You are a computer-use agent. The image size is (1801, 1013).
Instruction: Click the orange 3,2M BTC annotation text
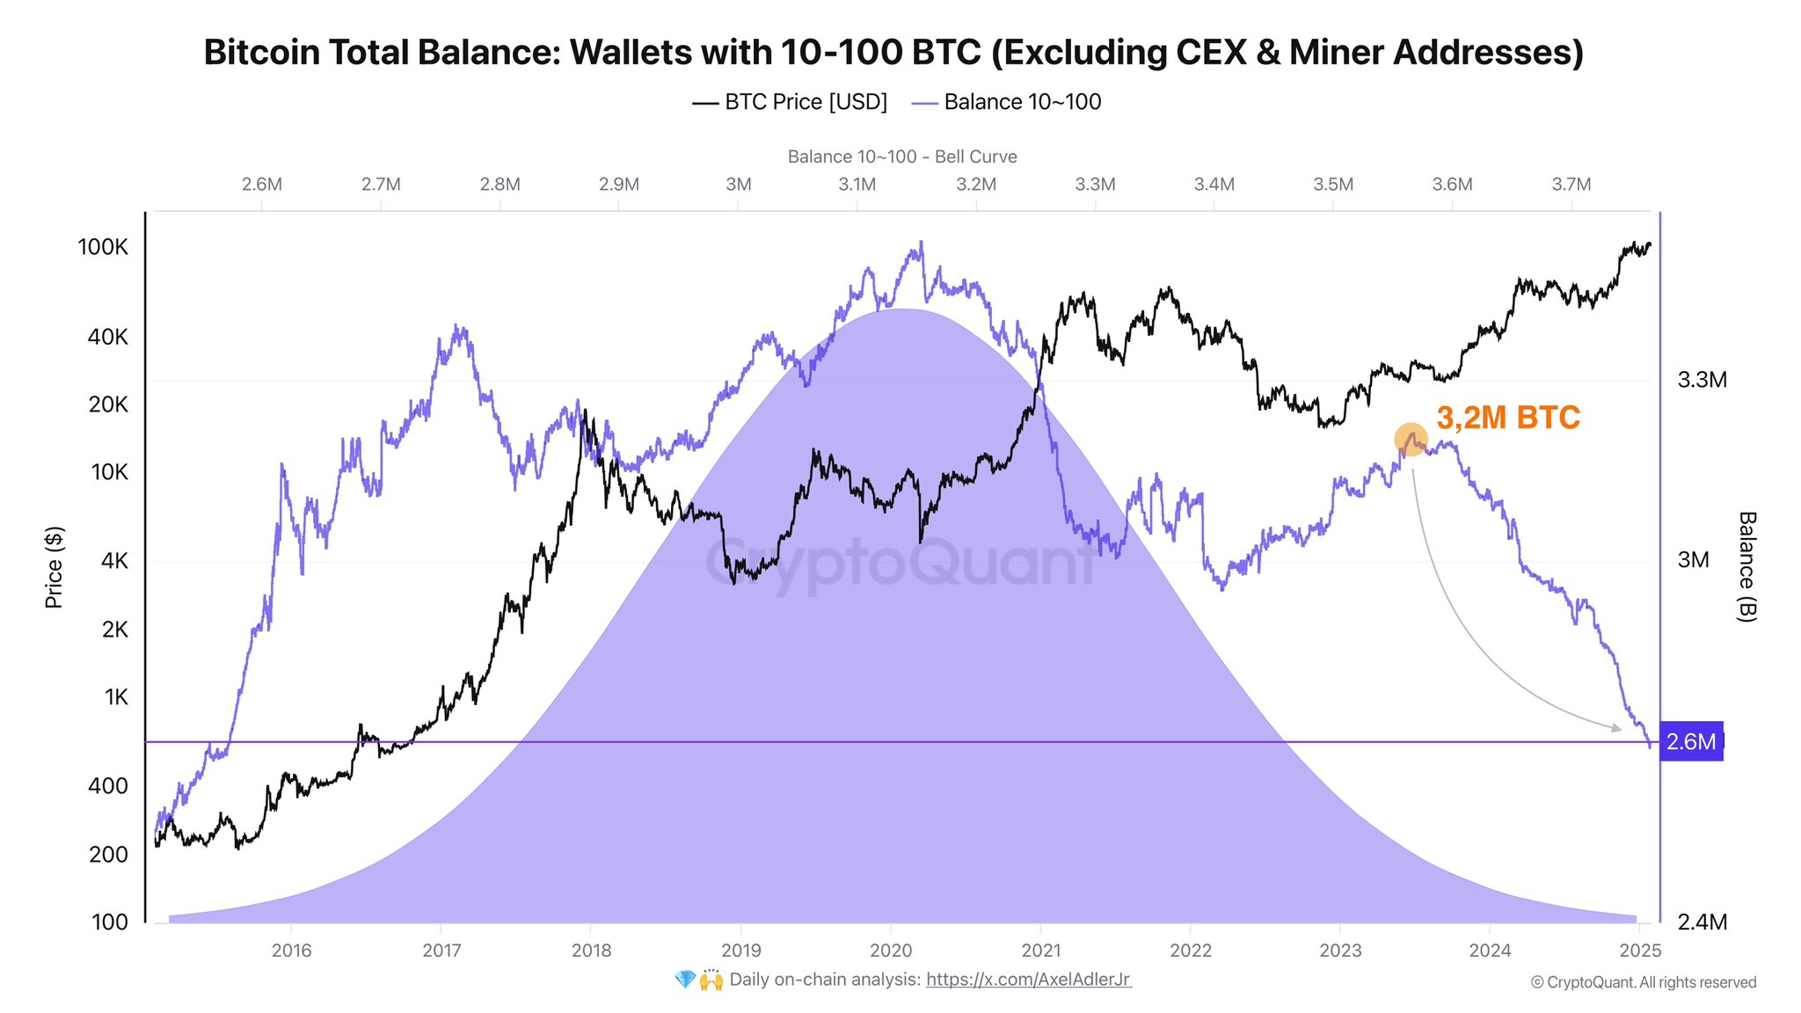[1507, 418]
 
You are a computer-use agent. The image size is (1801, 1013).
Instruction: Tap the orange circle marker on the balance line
[1411, 439]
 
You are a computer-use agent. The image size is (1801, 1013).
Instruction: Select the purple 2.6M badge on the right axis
[1690, 742]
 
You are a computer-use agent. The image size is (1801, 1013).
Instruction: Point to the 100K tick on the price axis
[103, 247]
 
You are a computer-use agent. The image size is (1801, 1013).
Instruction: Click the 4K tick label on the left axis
[114, 561]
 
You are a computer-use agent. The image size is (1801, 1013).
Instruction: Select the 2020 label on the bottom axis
[891, 951]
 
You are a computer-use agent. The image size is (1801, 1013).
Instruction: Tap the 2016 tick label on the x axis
[291, 951]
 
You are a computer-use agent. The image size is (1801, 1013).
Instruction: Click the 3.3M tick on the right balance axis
[1702, 380]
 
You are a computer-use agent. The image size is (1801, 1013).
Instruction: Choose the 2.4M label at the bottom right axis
[1702, 922]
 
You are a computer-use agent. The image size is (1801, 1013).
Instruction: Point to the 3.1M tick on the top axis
[857, 185]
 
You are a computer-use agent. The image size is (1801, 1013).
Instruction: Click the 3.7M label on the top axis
[1571, 185]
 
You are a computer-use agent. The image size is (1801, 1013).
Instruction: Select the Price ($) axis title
[54, 567]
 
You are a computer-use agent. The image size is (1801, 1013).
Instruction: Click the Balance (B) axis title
[1746, 567]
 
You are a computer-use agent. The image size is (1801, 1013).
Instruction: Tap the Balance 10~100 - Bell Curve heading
[902, 157]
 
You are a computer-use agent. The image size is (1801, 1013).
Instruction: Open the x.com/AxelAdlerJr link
[1028, 980]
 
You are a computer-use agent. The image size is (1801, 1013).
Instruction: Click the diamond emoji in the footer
[685, 980]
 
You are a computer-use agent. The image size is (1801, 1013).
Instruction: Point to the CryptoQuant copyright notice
[1643, 983]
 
